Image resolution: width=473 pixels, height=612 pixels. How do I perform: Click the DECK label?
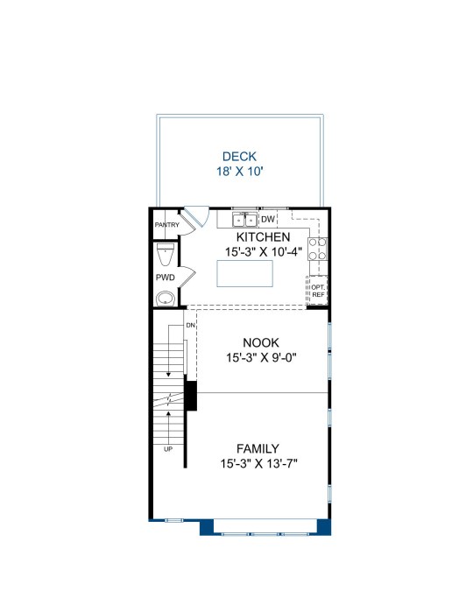[x=239, y=157]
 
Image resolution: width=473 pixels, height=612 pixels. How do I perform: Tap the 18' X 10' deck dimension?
[x=240, y=172]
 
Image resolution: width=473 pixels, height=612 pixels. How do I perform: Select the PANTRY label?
[x=166, y=225]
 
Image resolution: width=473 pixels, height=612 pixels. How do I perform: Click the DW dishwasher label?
[x=268, y=220]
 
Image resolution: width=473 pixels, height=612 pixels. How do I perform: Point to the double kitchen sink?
[x=244, y=220]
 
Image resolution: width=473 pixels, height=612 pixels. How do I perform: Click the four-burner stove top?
[x=317, y=250]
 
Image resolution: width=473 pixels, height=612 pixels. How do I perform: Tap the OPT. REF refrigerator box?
[x=317, y=291]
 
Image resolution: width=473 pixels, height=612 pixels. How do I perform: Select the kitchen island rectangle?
[x=245, y=273]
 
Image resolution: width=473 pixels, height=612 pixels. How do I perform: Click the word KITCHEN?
[x=264, y=237]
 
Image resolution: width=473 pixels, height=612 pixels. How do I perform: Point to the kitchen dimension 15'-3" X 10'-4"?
[x=264, y=252]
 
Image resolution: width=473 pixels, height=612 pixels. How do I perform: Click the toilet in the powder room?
[x=166, y=254]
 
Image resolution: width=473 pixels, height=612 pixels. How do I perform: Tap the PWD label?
[x=166, y=278]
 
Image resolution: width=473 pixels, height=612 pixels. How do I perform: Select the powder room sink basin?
[x=166, y=299]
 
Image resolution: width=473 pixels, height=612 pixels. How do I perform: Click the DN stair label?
[x=190, y=325]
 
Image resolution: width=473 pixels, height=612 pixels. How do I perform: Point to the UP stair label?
[x=168, y=449]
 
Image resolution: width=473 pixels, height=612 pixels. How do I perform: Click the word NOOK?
[x=261, y=342]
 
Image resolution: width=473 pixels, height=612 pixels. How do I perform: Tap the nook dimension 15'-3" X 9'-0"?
[x=261, y=357]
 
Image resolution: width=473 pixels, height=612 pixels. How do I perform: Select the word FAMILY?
[x=258, y=448]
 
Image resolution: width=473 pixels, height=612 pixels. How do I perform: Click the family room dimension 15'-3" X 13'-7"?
[x=259, y=464]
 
